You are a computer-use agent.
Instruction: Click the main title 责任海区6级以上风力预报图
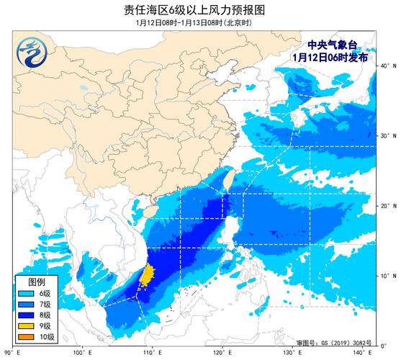(x=200, y=10)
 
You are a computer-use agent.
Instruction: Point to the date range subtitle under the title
(x=199, y=23)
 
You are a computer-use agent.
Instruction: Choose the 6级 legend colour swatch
(x=28, y=294)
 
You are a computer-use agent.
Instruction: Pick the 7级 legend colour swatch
(x=28, y=305)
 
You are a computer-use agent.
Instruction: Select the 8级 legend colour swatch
(x=28, y=315)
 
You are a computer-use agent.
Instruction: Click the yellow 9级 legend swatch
(x=28, y=325)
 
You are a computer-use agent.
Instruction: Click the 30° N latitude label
(x=388, y=135)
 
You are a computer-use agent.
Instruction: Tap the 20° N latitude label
(x=388, y=206)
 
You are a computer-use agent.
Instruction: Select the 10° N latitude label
(x=388, y=276)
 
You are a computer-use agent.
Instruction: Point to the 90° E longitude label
(x=10, y=352)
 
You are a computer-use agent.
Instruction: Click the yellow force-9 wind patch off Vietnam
(x=147, y=274)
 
